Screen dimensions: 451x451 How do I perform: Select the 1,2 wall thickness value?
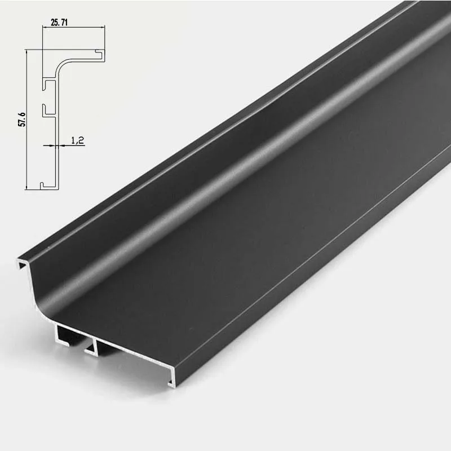[x=78, y=140]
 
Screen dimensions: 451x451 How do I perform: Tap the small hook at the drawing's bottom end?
[x=44, y=184]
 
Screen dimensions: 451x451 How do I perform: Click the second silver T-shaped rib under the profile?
[x=92, y=347]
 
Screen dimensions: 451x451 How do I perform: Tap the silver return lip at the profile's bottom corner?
[x=171, y=380]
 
